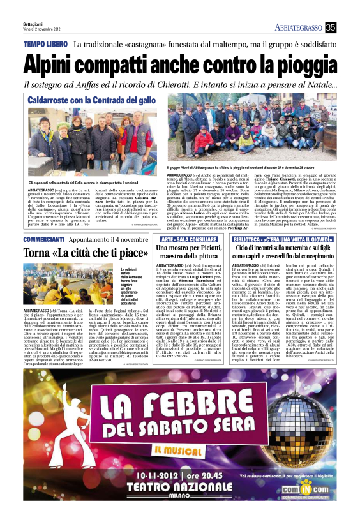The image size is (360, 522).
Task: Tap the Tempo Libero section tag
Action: pyautogui.click(x=45, y=45)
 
